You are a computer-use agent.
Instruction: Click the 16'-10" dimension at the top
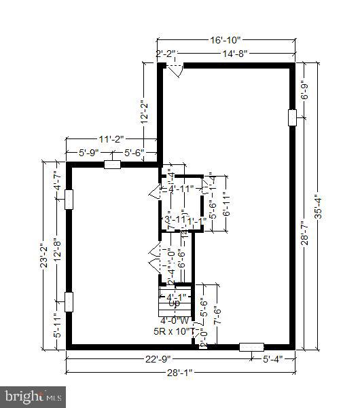226,41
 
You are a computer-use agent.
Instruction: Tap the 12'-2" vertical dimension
143,112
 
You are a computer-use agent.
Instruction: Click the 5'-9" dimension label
88,153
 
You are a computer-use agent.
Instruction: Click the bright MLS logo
34,394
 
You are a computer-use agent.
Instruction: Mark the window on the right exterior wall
293,117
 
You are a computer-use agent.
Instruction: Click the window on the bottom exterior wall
251,347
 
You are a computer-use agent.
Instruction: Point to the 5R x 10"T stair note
174,332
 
